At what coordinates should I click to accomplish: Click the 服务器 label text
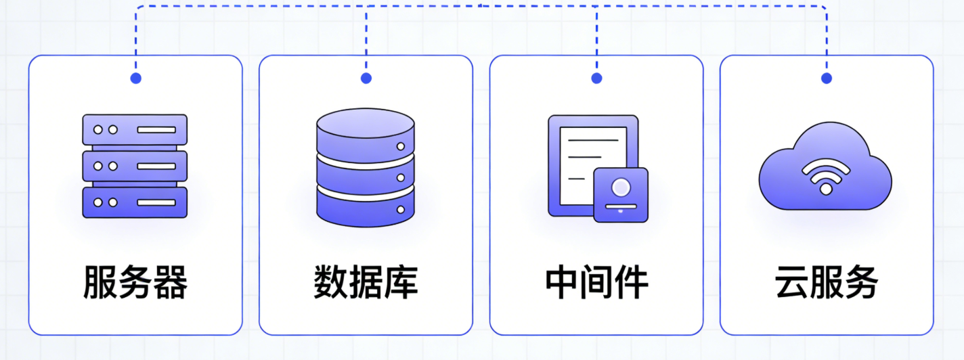click(135, 282)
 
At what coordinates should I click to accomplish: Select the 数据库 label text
click(366, 282)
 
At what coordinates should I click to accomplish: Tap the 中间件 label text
click(596, 282)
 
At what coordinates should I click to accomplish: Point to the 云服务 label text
click(827, 282)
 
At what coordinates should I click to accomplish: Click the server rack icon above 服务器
click(135, 166)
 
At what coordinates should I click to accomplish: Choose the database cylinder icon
click(366, 167)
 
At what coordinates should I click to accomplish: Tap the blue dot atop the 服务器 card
click(135, 78)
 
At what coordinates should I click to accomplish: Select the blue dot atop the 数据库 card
click(366, 78)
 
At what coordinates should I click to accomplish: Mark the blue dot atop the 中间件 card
click(596, 78)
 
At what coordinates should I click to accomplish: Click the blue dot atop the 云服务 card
click(827, 78)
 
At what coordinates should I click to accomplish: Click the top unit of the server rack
click(135, 129)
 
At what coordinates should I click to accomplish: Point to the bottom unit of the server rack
click(135, 202)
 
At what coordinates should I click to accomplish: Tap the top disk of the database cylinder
click(366, 129)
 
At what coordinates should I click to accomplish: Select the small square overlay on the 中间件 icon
click(621, 195)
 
